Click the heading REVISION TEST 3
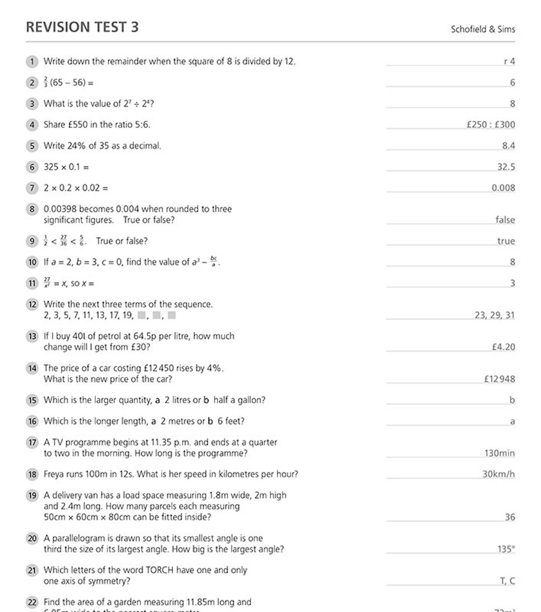82,27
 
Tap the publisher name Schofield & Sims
482,29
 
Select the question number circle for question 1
32,61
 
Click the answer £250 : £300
491,125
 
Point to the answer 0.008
503,188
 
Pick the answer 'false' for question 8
505,220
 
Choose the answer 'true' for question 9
506,241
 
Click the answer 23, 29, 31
494,315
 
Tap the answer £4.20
503,347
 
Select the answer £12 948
500,379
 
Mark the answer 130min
500,453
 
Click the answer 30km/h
498,474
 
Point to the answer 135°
506,549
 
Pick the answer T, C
507,581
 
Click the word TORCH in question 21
160,570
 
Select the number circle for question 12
32,305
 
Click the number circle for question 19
32,496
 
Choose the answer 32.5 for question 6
506,167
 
